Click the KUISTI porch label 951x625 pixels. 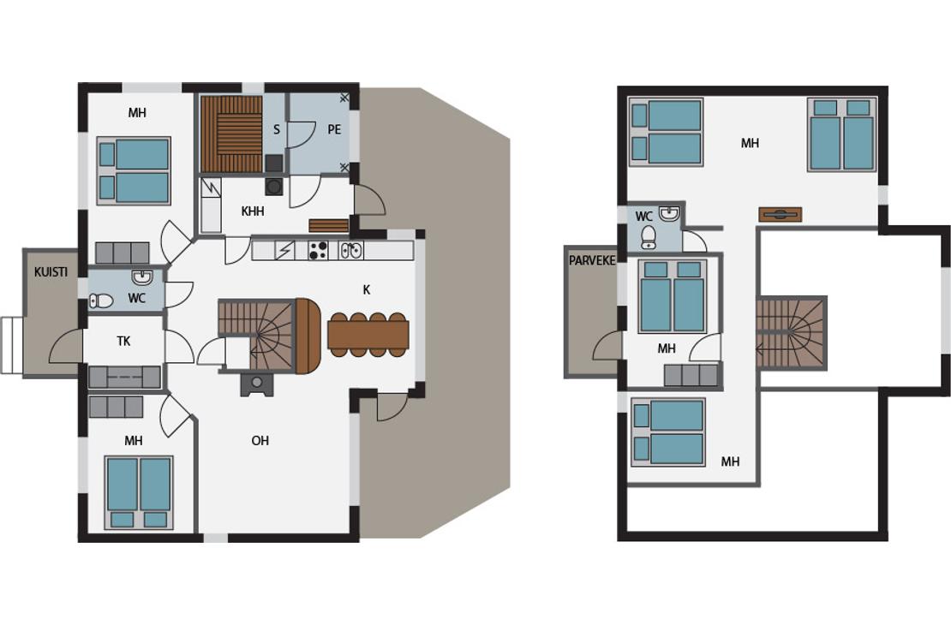(x=51, y=272)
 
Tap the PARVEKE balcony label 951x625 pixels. (x=592, y=260)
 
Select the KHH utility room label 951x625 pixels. (x=252, y=211)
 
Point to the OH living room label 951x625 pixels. (x=260, y=441)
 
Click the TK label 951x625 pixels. (x=123, y=342)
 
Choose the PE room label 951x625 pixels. (x=334, y=129)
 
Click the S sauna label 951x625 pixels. (x=277, y=129)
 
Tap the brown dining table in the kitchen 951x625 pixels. (x=368, y=335)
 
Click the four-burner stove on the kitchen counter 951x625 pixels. (x=319, y=250)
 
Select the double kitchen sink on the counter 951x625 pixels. (x=351, y=250)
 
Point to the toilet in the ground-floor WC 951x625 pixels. (x=101, y=301)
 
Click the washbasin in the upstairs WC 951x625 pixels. (x=670, y=213)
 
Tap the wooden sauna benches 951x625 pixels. (x=231, y=134)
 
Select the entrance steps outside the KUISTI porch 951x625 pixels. (x=11, y=345)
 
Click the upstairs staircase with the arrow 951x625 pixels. (x=791, y=333)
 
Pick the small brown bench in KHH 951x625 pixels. (x=329, y=225)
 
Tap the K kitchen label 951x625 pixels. (x=367, y=289)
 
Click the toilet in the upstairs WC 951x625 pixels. (x=649, y=238)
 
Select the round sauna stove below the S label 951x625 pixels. (x=274, y=187)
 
